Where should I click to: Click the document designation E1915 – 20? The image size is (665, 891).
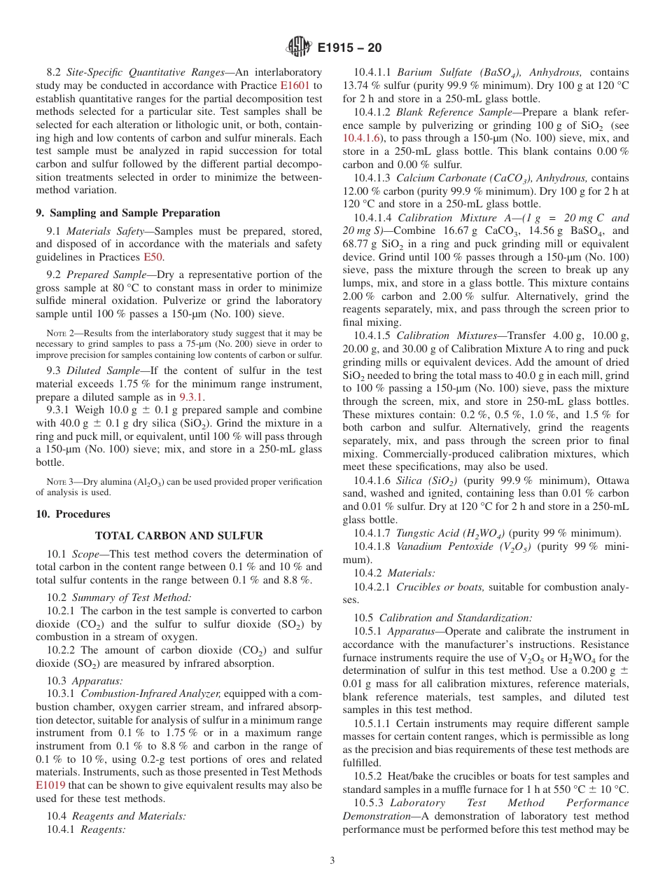click(x=349, y=48)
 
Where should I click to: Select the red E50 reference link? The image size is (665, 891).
click(x=153, y=257)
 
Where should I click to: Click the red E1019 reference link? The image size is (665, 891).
click(x=50, y=785)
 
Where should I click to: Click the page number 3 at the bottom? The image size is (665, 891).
click(x=332, y=860)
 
